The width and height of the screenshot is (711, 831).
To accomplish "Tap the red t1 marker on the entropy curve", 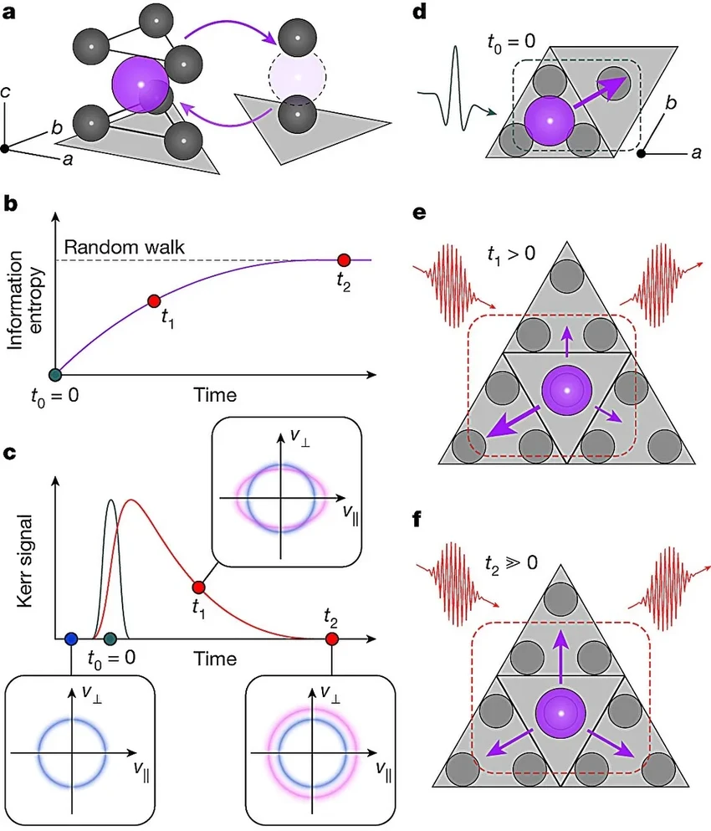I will (x=152, y=300).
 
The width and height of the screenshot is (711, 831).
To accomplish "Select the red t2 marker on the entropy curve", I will (x=343, y=259).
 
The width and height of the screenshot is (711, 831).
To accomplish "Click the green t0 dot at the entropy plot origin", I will (x=55, y=376).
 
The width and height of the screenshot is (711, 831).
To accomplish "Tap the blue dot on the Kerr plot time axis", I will (x=70, y=639).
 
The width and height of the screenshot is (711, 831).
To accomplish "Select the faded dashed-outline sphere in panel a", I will (x=297, y=74).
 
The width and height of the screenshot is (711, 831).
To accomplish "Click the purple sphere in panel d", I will (x=550, y=121).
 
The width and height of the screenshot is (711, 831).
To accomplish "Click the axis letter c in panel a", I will (x=6, y=92).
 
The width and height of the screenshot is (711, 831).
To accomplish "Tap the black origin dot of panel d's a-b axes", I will (x=641, y=152).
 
